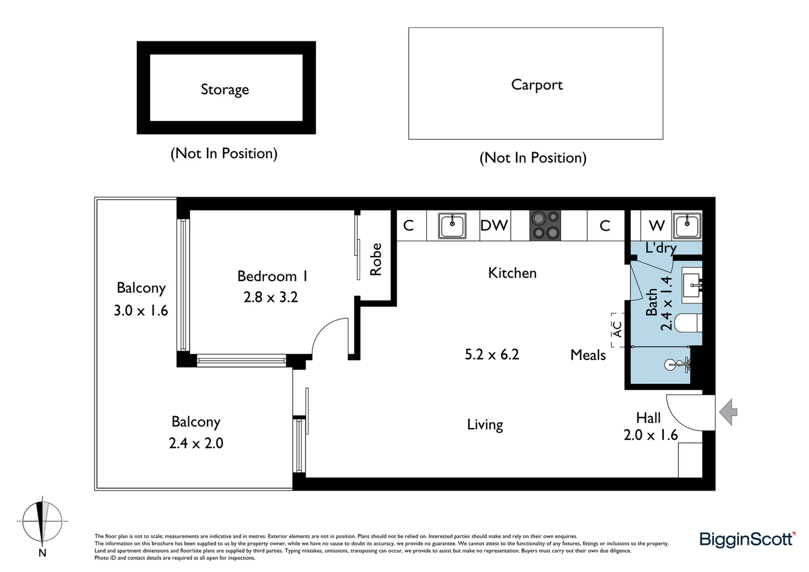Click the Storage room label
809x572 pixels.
point(224,90)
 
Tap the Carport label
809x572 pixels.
point(536,85)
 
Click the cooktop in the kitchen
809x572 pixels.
point(545,226)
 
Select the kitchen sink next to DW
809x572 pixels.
point(452,226)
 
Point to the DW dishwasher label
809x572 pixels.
point(494,226)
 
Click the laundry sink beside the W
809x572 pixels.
point(687,225)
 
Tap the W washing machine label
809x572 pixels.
point(657,226)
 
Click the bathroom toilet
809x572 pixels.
point(691,322)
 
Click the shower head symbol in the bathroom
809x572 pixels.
point(677,364)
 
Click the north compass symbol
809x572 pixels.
point(42,522)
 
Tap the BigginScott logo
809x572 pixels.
point(747,539)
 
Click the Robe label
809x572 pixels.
point(376,260)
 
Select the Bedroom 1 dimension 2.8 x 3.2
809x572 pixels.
point(271,297)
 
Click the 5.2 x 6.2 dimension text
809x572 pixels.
point(492,354)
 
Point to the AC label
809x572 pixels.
point(617,329)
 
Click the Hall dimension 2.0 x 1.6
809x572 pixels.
point(650,435)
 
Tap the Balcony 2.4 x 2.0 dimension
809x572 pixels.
point(196,443)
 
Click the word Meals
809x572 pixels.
point(588,355)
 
